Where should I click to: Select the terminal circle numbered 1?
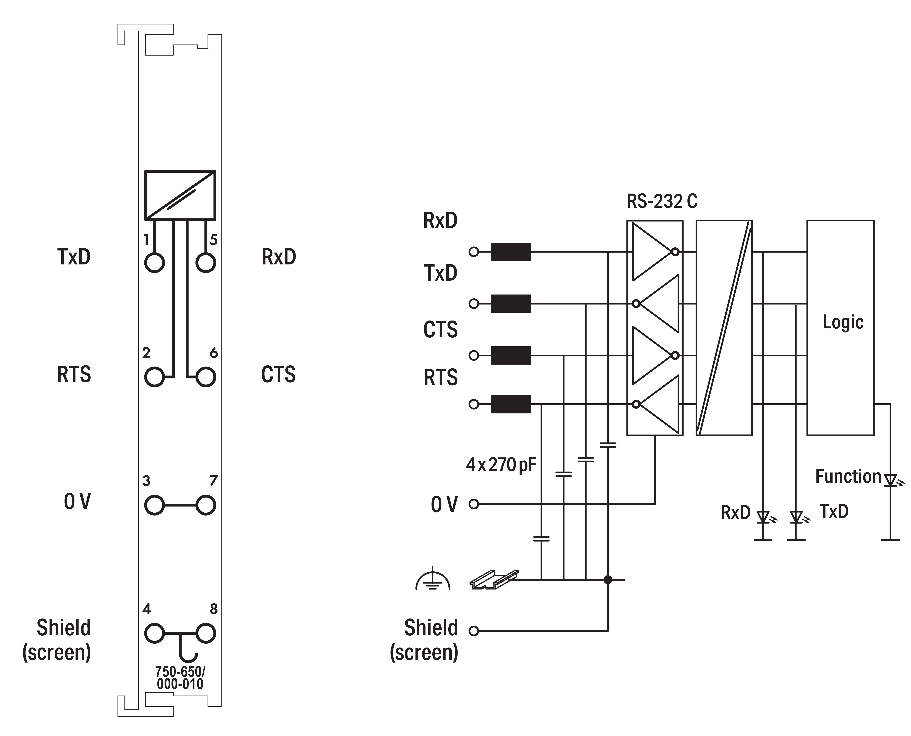point(154,263)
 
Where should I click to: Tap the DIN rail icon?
point(494,579)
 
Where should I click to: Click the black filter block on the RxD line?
point(510,252)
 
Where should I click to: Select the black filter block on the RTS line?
point(510,404)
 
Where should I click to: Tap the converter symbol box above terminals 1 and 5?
point(180,195)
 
